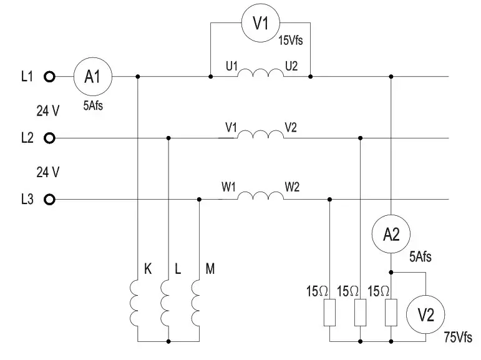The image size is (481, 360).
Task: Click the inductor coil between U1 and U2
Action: pyautogui.click(x=261, y=70)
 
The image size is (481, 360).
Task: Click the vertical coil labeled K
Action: pyautogui.click(x=130, y=303)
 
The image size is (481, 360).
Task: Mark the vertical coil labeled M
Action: pyautogui.click(x=192, y=303)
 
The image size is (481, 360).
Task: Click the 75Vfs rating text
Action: pyautogui.click(x=458, y=338)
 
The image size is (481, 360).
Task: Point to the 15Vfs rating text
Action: pyautogui.click(x=291, y=40)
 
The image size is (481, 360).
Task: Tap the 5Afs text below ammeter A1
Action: pyautogui.click(x=93, y=105)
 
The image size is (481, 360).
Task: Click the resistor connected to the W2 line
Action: pyautogui.click(x=330, y=313)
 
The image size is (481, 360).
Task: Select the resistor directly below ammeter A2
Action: pyautogui.click(x=391, y=313)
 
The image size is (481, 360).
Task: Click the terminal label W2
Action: pyautogui.click(x=292, y=187)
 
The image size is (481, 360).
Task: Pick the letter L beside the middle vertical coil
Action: pyautogui.click(x=178, y=268)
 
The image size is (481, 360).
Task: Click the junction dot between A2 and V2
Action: pyautogui.click(x=391, y=272)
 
